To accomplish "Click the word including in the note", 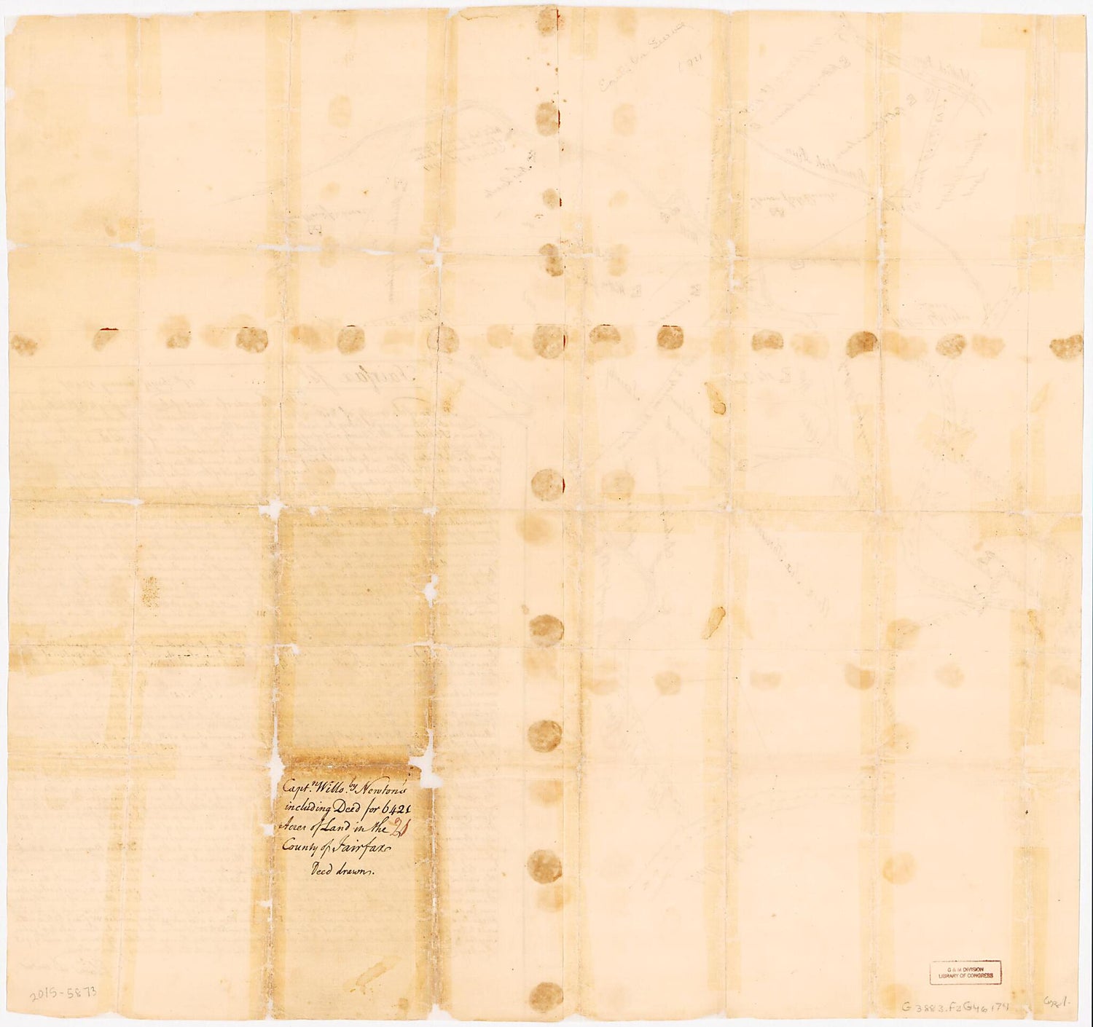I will pos(305,808).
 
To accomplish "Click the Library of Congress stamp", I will pos(965,972).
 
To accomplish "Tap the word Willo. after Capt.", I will pos(337,790).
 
